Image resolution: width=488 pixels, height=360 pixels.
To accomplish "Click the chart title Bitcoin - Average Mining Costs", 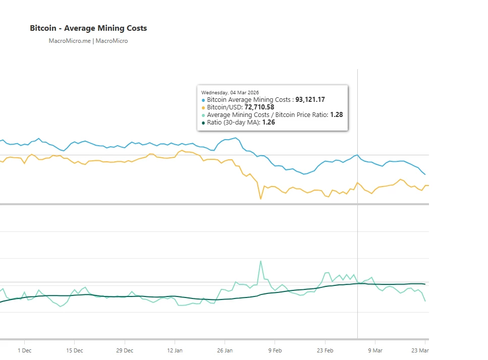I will pos(88,28).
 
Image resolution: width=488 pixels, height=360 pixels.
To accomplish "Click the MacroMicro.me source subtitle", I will pos(88,41).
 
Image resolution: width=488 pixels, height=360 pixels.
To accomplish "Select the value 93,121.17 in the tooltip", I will pos(310,100).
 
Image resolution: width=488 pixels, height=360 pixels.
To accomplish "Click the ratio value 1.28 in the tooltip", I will pos(336,115).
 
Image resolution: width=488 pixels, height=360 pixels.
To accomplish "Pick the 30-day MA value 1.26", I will pos(268,122).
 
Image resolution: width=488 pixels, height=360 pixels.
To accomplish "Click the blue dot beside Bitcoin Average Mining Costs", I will pos(203,100).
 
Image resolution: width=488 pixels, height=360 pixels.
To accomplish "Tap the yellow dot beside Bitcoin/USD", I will pos(203,108).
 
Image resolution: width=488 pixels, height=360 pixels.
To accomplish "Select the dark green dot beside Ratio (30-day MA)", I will pos(203,123).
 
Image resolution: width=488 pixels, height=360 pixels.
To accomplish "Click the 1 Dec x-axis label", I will pos(24,350).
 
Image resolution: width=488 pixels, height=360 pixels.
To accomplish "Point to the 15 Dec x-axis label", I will pos(74,350).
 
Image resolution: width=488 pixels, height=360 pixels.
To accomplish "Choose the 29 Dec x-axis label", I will pos(125,350).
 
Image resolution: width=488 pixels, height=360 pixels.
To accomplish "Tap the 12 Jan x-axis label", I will pos(175,350).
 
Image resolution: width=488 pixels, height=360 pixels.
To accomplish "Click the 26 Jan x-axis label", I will pos(225,350).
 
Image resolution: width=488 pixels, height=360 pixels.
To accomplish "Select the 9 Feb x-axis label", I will pos(275,350).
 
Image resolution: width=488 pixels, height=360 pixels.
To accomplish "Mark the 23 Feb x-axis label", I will pos(325,350).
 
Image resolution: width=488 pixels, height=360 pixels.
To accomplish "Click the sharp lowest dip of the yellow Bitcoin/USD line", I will pos(261,199).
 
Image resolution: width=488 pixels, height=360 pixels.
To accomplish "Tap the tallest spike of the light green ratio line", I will pos(261,261).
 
